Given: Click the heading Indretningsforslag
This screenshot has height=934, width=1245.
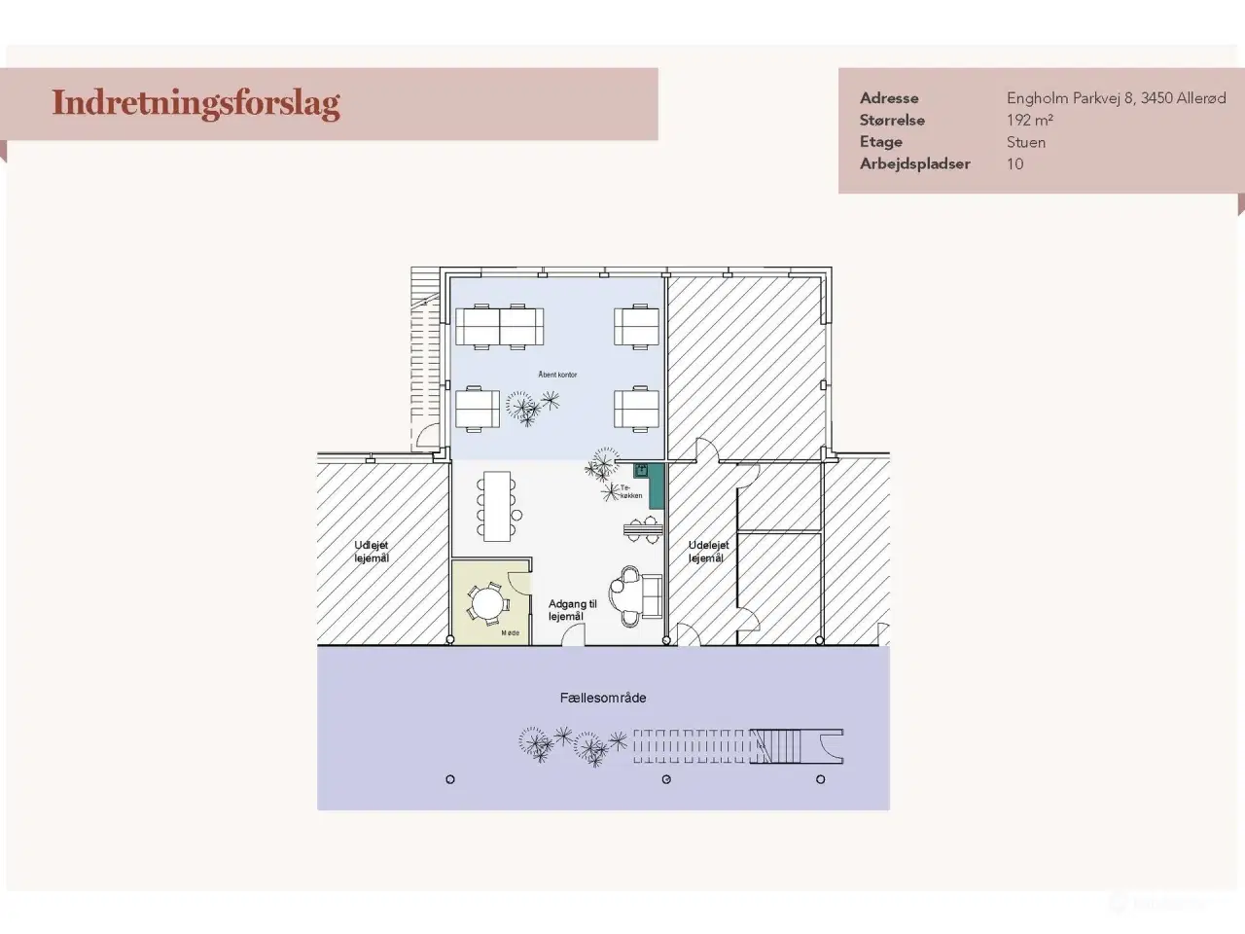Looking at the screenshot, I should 196,103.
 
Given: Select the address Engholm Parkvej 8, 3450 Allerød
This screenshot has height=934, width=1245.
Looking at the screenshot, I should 1116,98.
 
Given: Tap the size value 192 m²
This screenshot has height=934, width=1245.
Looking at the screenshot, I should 1029,121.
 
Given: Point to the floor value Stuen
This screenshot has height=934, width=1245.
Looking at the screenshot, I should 1025,142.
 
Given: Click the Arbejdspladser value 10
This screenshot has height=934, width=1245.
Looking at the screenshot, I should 1014,164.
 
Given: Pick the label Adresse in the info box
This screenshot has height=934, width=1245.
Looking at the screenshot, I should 888,98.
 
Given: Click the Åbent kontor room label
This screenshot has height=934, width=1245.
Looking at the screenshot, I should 557,375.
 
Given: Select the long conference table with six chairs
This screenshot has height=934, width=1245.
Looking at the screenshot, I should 497,505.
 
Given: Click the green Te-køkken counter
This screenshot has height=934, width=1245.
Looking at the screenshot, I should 656,485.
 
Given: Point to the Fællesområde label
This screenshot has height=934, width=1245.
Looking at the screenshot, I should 602,698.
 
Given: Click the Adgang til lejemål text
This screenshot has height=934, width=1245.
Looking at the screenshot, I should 572,610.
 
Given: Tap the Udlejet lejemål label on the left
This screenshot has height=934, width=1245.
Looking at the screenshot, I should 371,552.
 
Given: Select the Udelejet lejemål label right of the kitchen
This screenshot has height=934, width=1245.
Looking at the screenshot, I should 707,552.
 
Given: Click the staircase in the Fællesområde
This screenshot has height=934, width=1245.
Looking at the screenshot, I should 778,746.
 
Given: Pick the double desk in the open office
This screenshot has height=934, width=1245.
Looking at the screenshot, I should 499,326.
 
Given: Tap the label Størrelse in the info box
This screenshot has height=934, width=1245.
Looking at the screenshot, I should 891,121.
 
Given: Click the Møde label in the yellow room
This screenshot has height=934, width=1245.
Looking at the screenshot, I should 510,633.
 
